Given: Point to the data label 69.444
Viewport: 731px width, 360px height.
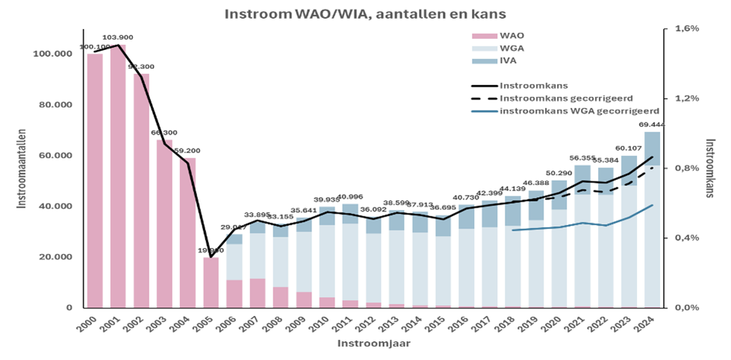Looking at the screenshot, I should click(652, 125).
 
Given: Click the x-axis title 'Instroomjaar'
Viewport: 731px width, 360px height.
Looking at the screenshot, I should click(365, 344).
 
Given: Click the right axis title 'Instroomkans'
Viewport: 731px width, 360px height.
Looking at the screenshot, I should click(714, 168).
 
